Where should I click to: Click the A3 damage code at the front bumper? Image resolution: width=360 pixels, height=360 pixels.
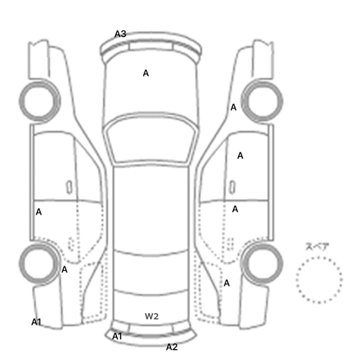point(120,34)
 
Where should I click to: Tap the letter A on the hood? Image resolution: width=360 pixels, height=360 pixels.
point(146,73)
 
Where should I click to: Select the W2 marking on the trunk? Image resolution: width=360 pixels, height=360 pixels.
point(152,316)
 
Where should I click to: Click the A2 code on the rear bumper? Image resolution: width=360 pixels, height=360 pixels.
point(172,347)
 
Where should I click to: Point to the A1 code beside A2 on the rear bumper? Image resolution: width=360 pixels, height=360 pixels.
point(117,336)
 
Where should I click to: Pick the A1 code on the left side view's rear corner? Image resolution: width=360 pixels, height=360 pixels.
point(37,322)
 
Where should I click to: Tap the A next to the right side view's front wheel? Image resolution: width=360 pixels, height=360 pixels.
point(233,107)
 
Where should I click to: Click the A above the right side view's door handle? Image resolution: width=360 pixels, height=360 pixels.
point(240,156)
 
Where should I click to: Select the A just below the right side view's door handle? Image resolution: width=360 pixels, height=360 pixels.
point(235,209)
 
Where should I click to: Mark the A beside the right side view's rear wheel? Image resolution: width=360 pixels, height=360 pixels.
point(227,283)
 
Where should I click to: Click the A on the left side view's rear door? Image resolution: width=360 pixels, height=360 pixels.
point(39,212)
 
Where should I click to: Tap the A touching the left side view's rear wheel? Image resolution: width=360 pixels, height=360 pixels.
point(64,269)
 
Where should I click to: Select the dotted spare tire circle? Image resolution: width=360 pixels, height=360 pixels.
point(319,257)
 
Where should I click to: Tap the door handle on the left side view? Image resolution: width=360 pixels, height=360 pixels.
point(69,187)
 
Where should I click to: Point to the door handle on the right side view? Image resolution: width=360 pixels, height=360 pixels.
point(232,187)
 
